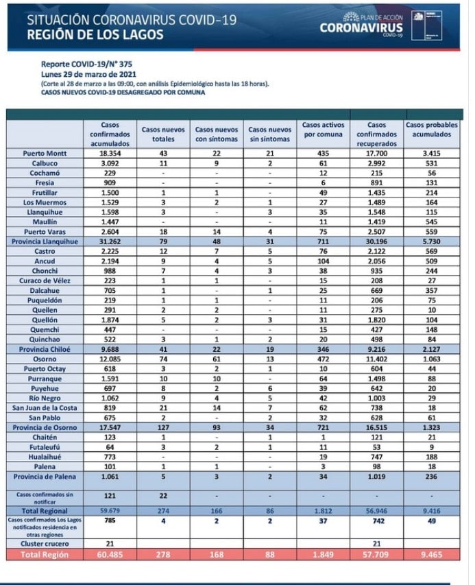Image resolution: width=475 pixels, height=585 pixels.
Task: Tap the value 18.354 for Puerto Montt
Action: point(110,154)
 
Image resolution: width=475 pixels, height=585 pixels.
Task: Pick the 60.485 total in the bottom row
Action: point(110,553)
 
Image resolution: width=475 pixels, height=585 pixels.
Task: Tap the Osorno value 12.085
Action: point(110,359)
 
